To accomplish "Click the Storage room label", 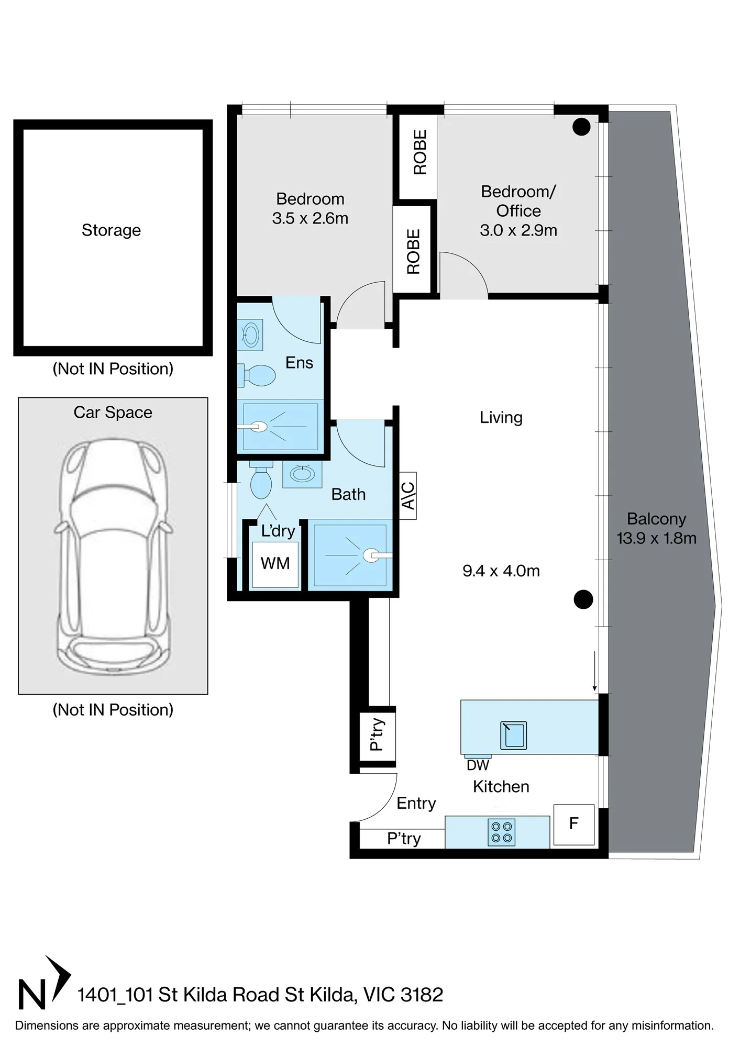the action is point(111,230).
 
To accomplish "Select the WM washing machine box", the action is point(275,564).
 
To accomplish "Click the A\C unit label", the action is point(408,495).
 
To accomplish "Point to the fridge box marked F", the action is point(574,825).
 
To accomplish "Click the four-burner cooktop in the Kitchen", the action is point(502,832).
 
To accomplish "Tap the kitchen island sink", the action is point(513,735).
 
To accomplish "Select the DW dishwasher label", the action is point(478,765).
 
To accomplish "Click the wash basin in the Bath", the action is point(302,474).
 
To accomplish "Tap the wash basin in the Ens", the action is point(250,335).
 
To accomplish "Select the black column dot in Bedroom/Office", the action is point(581,127).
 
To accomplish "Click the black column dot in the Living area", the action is point(583,599).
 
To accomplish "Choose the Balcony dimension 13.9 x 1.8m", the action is point(657,538).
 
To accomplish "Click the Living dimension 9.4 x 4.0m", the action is point(501,571).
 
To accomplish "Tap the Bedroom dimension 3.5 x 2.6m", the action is point(310,218).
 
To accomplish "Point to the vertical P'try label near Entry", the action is point(377,734).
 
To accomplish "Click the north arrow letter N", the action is point(32,994).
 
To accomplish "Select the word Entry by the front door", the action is point(416,804).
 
